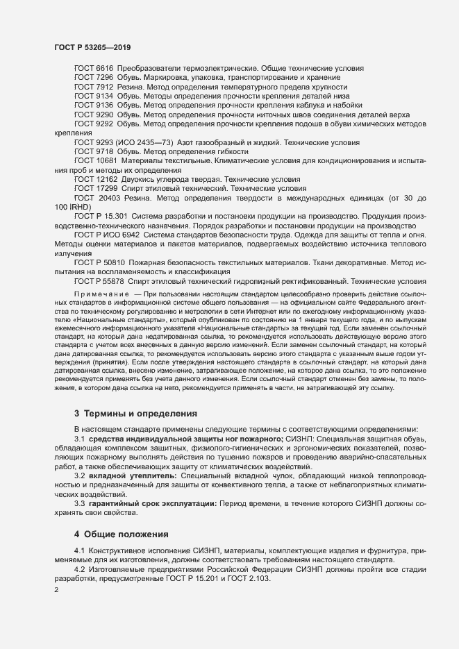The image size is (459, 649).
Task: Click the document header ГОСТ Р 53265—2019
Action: (x=92, y=47)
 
